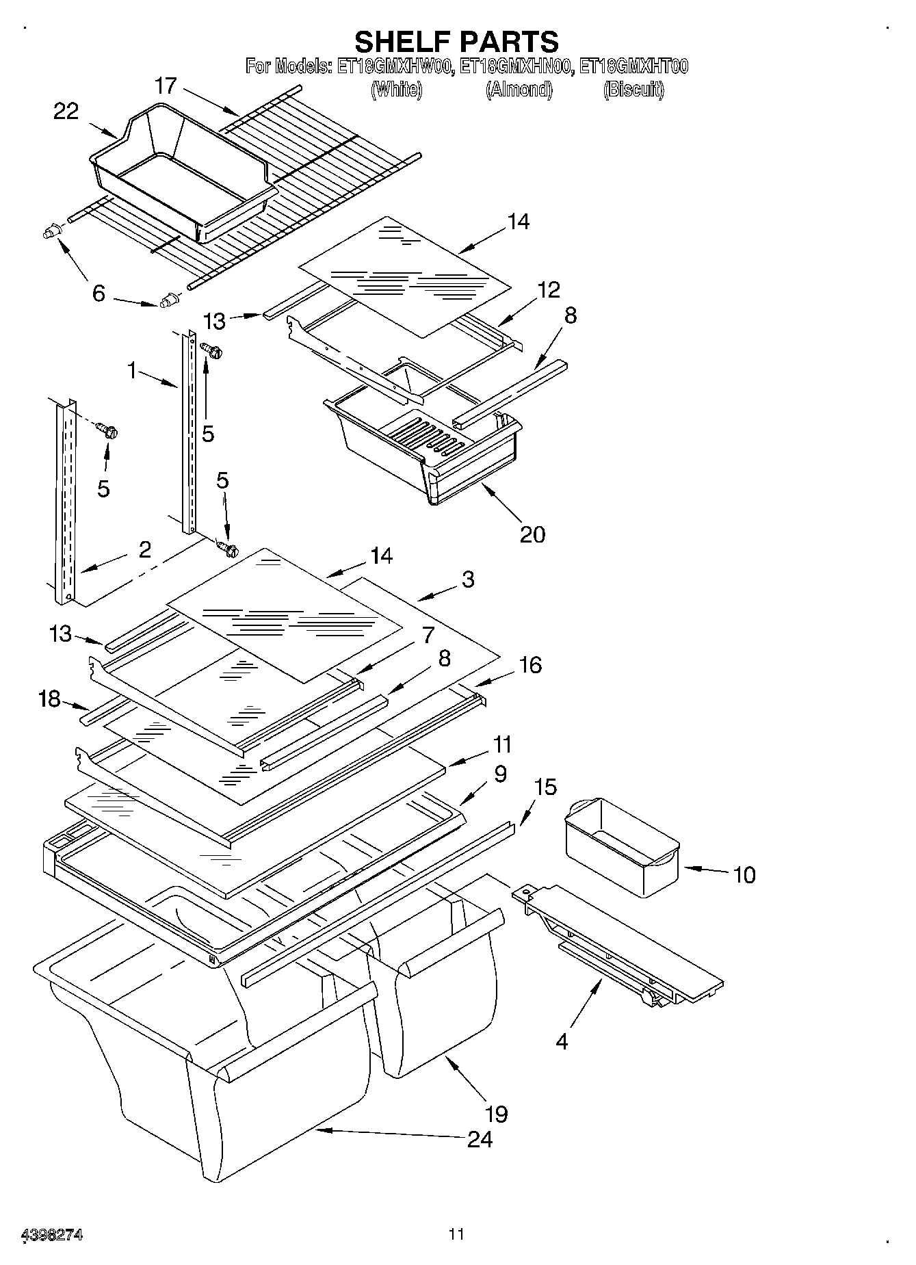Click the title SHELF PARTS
point(456,42)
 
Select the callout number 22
point(66,112)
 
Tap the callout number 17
point(166,86)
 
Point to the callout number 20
point(532,534)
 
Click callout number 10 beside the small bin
point(744,874)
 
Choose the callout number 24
point(480,1139)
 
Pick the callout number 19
point(496,1114)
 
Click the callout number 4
point(562,1042)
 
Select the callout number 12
point(549,289)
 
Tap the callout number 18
point(49,700)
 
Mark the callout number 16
point(530,664)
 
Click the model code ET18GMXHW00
point(395,66)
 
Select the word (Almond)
point(519,90)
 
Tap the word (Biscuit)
point(633,90)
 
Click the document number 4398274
point(53,1236)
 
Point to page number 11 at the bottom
point(456,1234)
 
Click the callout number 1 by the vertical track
point(132,371)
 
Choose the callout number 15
point(545,787)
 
